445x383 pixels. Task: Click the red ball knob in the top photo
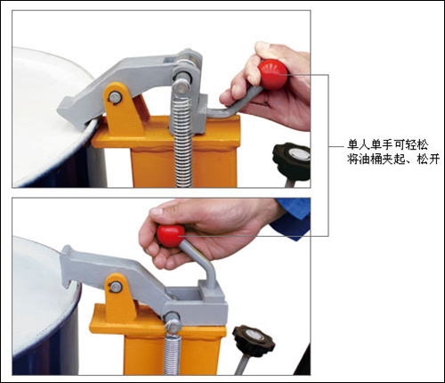coord(272,74)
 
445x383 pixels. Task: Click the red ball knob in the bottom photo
coord(171,236)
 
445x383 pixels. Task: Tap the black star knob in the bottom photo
coord(253,340)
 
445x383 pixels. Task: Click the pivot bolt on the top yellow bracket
coord(115,97)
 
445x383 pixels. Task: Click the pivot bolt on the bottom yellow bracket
coord(115,287)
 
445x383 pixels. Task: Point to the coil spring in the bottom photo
coord(172,354)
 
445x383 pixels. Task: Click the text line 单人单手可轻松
coord(388,144)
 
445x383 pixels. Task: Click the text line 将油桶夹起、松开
coord(393,159)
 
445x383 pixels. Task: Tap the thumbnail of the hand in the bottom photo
coord(157,211)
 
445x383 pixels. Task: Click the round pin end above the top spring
coord(182,86)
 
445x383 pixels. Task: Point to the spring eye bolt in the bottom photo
coord(173,323)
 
